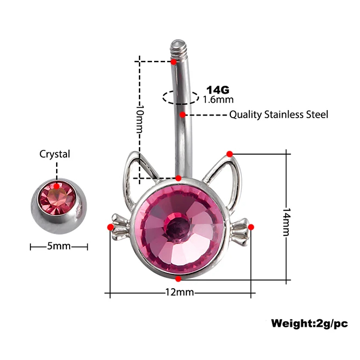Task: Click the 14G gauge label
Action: coord(218,90)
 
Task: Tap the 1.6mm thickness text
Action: coord(218,100)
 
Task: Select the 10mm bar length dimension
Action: coord(139,119)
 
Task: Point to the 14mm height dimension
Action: coord(286,222)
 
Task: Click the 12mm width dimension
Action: coord(180,292)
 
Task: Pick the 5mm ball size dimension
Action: coord(59,246)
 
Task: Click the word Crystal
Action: coord(54,154)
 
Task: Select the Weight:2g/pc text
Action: coord(309,324)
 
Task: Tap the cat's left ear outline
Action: coord(138,177)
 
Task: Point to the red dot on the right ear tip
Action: coord(230,154)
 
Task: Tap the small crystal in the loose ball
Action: coord(57,198)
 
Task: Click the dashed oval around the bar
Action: coord(181,97)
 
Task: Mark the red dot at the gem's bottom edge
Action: coord(178,279)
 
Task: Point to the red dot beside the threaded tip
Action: coord(174,62)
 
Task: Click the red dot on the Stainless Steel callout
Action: coord(182,114)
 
